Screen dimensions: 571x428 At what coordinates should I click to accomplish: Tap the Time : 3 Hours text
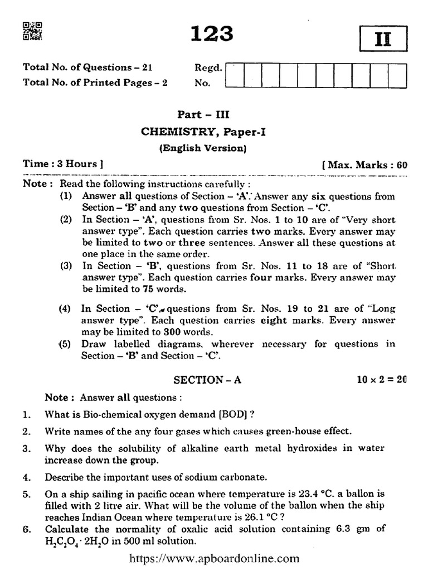pos(62,164)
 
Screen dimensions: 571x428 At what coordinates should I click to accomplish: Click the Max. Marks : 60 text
pos(366,165)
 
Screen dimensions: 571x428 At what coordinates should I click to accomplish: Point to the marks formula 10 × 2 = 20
pos(382,379)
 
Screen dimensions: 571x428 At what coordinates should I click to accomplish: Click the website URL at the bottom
pos(215,558)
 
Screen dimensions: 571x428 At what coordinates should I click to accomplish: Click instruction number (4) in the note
pos(66,308)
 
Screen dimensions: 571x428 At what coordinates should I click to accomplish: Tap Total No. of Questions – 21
pos(87,67)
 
